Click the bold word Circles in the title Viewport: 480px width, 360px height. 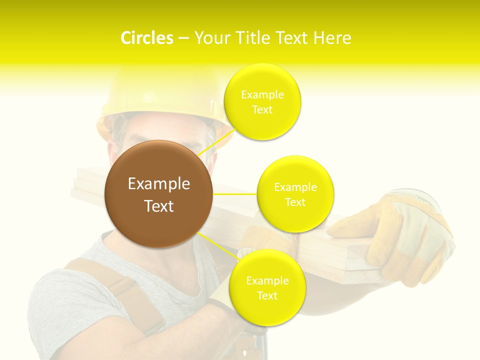coord(146,38)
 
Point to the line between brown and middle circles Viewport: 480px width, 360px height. coord(235,194)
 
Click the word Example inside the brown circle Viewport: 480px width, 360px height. coord(159,184)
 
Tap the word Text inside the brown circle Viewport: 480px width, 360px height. coord(159,206)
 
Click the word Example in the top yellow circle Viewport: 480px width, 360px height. coord(262,95)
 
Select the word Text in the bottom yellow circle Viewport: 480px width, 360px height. coord(267,295)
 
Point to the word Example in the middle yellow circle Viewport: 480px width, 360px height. coord(295,187)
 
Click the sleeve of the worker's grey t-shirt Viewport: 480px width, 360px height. coord(55,310)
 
